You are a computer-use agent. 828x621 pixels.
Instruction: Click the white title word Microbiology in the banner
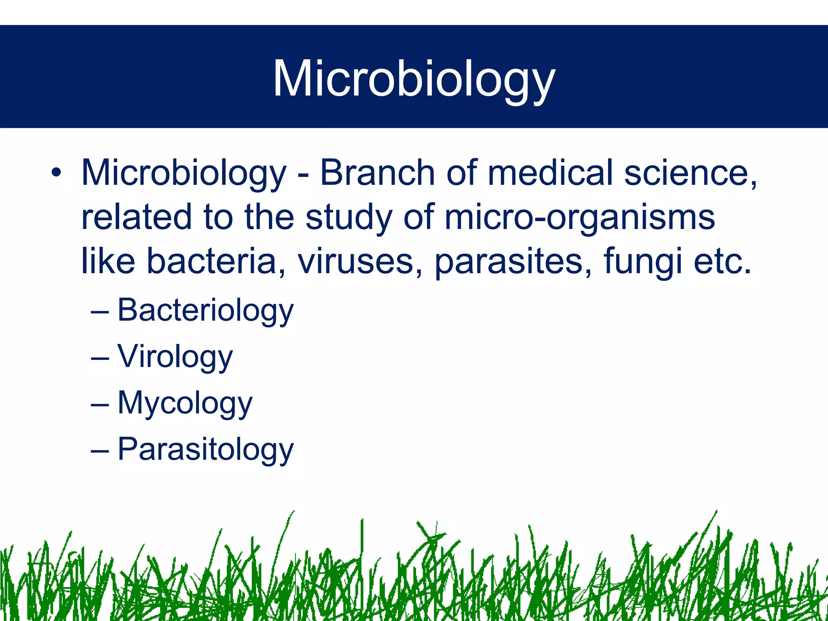414,79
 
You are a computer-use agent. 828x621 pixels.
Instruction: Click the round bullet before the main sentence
56,173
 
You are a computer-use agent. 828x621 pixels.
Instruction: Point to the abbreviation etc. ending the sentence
722,262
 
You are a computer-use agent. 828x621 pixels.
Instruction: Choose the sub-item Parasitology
205,450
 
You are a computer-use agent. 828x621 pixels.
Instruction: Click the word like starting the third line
108,261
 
